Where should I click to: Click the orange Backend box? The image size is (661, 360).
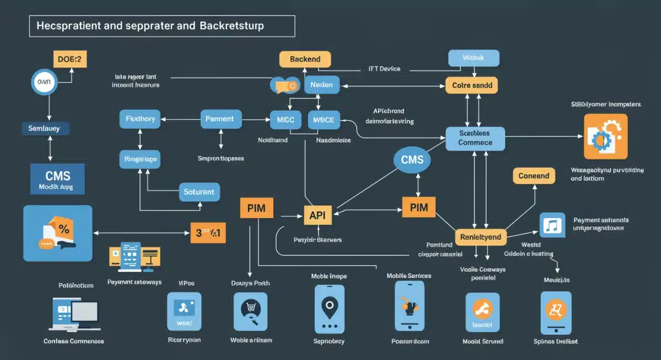tap(305, 59)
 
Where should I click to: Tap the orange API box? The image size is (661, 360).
tap(318, 215)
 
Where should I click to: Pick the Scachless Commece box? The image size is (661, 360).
tap(474, 138)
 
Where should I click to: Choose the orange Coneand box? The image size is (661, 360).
tap(534, 176)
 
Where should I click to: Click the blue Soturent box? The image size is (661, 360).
tap(199, 192)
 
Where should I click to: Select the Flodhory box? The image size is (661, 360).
tap(140, 119)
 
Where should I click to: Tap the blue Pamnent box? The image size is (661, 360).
tap(220, 119)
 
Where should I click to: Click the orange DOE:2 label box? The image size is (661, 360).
tap(70, 59)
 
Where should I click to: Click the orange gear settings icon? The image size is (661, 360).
tap(605, 137)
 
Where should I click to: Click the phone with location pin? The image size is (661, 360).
tap(329, 309)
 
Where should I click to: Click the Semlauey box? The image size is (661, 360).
tap(48, 128)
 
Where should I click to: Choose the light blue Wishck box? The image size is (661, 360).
tap(473, 58)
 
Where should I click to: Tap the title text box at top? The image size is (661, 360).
tap(162, 26)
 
